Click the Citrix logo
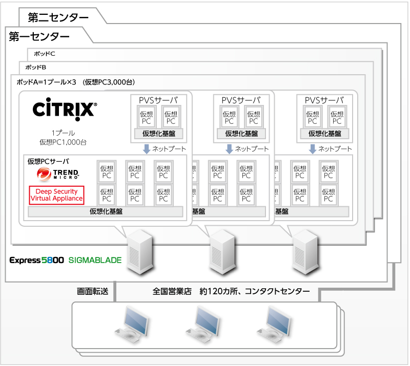coord(64,109)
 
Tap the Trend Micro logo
coord(57,175)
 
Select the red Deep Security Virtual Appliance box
coord(56,195)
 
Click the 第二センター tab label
coord(58,17)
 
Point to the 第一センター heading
coord(39,36)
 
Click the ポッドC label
coord(45,54)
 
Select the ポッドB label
coord(35,67)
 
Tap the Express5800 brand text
coord(36,260)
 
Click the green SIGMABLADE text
coord(95,260)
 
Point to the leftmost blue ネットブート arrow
coord(147,148)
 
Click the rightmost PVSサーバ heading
coord(324,100)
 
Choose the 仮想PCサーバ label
coord(48,161)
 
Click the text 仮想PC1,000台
coord(63,142)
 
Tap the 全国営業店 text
coord(172,291)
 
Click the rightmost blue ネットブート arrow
coord(312,148)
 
